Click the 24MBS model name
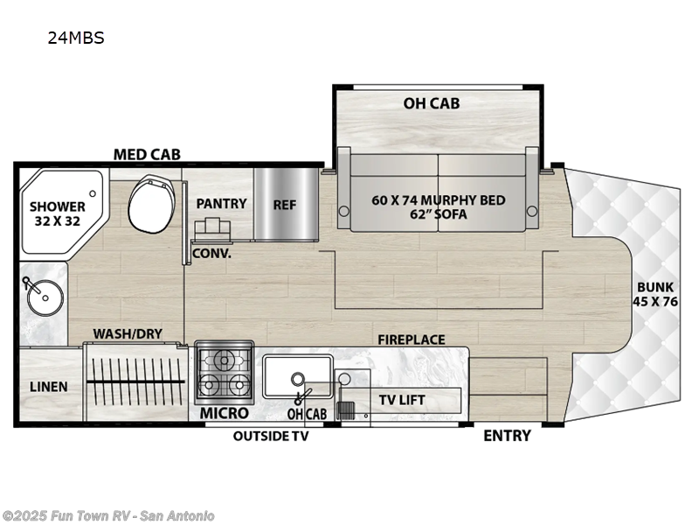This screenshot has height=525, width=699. [77, 38]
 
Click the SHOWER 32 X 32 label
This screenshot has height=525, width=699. [58, 213]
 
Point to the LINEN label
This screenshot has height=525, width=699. [49, 386]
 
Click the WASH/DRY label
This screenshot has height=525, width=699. [128, 333]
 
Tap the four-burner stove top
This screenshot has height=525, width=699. [223, 371]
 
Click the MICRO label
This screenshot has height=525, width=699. [224, 413]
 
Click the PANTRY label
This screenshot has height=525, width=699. [221, 203]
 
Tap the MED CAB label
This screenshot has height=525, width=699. [147, 155]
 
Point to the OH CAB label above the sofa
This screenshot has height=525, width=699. [432, 103]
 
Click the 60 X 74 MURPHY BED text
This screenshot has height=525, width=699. [438, 200]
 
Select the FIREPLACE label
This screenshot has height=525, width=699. [411, 339]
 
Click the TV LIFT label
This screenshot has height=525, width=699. [401, 400]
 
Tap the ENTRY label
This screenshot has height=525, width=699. [507, 435]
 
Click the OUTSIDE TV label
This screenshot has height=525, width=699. [270, 436]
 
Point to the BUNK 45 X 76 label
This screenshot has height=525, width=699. [656, 293]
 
